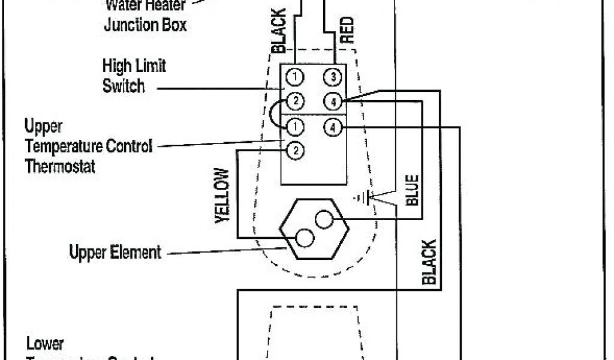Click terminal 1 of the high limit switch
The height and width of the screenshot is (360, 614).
point(294,77)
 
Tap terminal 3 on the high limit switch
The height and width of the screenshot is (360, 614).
point(333,77)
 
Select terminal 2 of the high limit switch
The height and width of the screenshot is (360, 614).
point(294,100)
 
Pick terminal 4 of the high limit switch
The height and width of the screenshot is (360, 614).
point(333,101)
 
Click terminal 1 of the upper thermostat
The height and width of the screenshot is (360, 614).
point(294,127)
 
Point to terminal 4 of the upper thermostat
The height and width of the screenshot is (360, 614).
point(333,127)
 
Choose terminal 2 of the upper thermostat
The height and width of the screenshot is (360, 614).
point(294,151)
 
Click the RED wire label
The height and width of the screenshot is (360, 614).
point(347,29)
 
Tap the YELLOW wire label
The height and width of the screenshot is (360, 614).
point(222,196)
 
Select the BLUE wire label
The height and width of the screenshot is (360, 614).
point(413,190)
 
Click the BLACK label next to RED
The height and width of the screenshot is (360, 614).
point(279,31)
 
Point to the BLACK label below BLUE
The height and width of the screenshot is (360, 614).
point(429,262)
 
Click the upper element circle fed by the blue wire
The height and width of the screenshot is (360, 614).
point(324,220)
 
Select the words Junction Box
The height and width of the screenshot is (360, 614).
point(146,25)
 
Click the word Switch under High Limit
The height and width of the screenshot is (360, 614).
point(124,86)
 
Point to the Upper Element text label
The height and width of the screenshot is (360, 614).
point(115,251)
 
